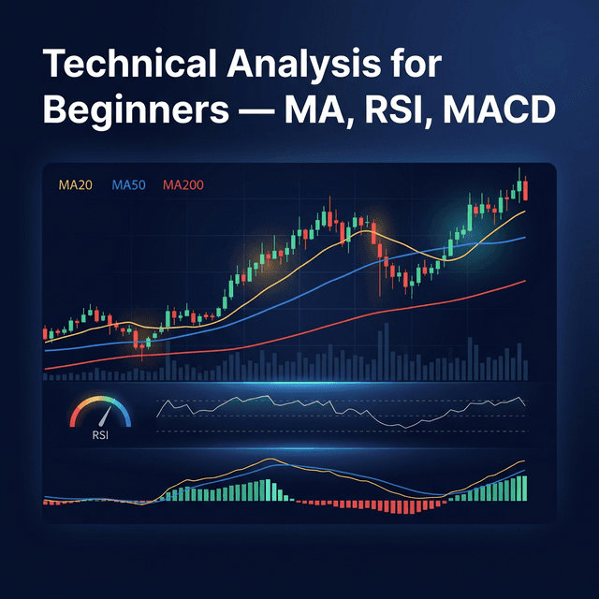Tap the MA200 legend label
click(x=183, y=185)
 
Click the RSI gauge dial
click(x=100, y=413)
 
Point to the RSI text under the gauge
click(x=100, y=435)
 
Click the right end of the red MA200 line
click(x=525, y=281)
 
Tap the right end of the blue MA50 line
click(x=525, y=237)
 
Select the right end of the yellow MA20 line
click(x=525, y=212)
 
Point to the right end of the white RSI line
click(x=525, y=404)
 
